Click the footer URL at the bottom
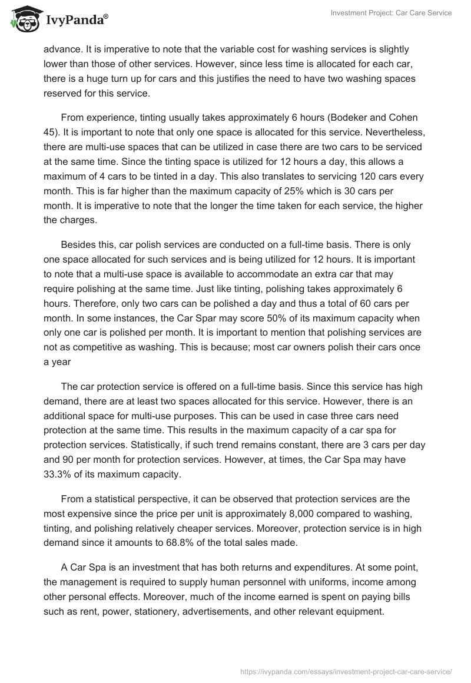click(346, 671)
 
